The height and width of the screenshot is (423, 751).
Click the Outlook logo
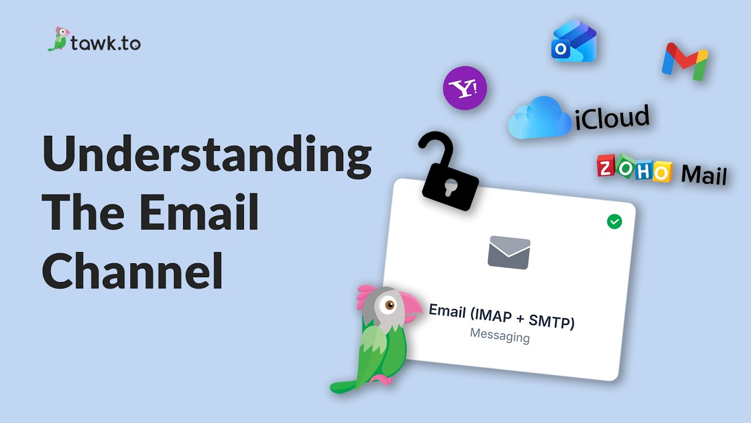pos(574,41)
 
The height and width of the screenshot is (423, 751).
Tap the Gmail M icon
pos(685,62)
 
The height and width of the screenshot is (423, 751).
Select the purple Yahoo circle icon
pos(465,88)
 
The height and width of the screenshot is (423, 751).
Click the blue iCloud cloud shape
pos(539,117)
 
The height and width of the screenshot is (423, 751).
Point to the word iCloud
pos(612,117)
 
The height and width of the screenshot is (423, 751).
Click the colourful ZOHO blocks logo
pos(635,168)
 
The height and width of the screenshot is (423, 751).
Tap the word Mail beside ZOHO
pos(704,174)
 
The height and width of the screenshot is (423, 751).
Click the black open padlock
pos(448,171)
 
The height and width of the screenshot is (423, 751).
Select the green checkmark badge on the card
pos(614,221)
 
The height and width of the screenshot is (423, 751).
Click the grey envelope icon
pos(509,253)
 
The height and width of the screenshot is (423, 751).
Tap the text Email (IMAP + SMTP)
pos(502,317)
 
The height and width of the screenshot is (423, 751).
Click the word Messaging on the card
pos(500,335)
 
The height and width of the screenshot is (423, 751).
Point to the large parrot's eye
pos(390,305)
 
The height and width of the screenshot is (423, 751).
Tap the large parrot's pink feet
pos(381,380)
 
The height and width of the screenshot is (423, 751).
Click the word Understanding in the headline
pos(207,157)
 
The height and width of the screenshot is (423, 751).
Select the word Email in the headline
pos(199,211)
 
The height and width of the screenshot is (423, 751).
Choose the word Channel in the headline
pos(132,271)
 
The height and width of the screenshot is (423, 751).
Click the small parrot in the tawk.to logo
pos(59,39)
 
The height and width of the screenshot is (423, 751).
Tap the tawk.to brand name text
pos(106,43)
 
